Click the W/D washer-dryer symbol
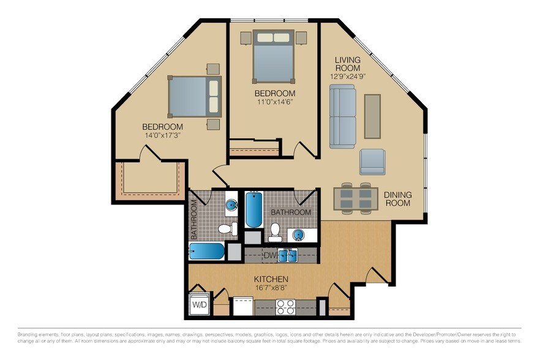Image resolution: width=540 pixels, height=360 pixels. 200,304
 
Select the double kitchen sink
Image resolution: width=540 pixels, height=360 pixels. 288,255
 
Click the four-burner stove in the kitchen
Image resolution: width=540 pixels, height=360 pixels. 285,306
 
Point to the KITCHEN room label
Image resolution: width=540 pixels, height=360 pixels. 271,279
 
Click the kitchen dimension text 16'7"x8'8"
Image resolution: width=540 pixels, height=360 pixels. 271,287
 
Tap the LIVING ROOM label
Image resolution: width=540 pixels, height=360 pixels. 347,64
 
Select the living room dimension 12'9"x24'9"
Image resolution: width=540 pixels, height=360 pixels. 347,77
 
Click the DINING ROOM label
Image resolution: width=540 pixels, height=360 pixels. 397,199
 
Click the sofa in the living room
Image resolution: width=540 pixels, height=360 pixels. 342,116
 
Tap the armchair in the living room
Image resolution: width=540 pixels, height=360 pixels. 373,162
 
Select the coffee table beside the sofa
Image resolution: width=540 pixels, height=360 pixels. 372,116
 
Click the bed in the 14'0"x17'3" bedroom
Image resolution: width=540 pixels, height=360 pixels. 195,96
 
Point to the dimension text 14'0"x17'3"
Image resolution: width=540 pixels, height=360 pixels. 162,135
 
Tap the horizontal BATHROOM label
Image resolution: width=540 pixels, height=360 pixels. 291,212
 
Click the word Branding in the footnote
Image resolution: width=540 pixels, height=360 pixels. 32,335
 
